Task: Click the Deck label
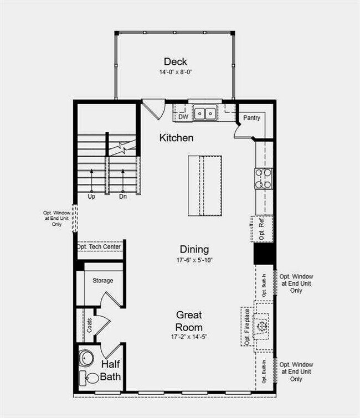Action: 175,61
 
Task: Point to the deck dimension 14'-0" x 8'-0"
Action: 175,72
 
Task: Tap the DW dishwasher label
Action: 183,116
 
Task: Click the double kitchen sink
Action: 204,113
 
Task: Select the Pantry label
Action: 252,117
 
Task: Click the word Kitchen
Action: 176,137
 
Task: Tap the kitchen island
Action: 204,185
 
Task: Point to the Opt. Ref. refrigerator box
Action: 263,229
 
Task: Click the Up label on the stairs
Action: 91,196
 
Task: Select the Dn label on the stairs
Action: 122,196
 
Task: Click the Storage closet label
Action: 102,281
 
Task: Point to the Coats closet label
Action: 89,324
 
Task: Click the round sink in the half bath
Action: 87,358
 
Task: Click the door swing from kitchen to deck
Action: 154,107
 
